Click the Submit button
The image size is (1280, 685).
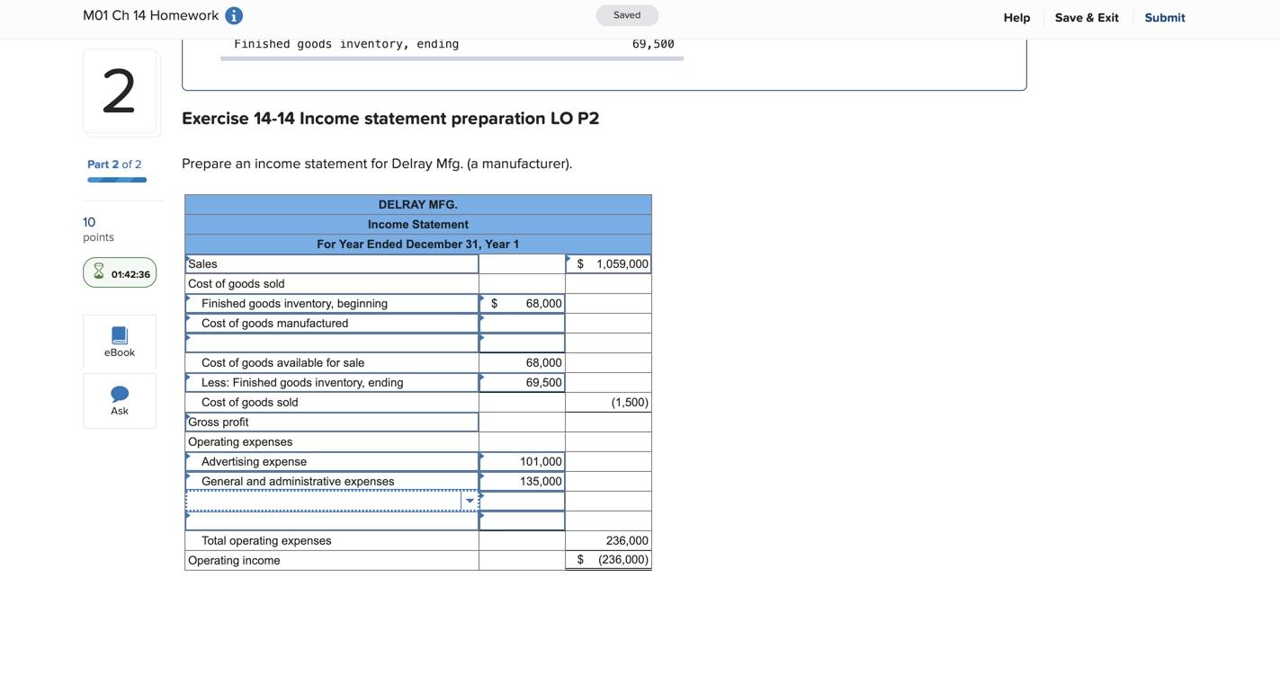point(1164,18)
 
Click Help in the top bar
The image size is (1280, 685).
point(1016,18)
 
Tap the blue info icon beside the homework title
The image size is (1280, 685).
point(234,16)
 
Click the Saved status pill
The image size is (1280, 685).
point(627,15)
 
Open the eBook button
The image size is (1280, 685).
point(120,342)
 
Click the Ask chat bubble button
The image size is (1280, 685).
point(120,400)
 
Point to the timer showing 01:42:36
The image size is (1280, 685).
point(120,273)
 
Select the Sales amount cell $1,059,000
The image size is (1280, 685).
point(609,264)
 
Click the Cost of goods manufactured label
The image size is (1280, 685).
point(274,324)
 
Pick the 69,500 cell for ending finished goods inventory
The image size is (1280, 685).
point(523,383)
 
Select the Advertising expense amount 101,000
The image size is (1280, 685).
point(523,462)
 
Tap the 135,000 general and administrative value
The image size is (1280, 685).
point(523,482)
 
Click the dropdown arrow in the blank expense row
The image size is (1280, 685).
point(470,502)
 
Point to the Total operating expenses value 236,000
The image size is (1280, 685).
point(609,541)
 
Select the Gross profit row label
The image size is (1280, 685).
point(219,423)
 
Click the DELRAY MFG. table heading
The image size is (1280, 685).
point(417,205)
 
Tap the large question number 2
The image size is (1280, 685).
point(120,92)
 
